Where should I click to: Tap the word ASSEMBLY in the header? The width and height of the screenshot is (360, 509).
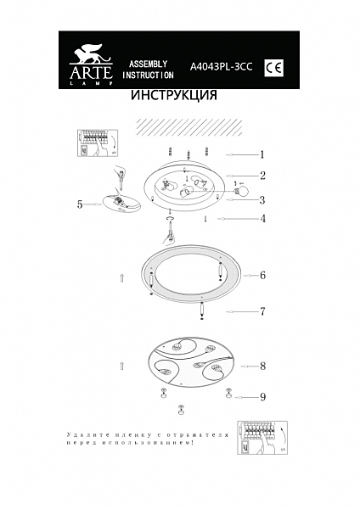147,64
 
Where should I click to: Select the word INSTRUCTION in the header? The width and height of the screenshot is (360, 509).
148,76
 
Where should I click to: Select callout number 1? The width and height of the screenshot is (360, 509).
262,155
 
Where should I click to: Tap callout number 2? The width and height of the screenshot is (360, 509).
263,176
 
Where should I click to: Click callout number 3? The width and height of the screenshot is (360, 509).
263,200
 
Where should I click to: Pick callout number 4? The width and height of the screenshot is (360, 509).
263,219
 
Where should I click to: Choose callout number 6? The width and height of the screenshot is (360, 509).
263,276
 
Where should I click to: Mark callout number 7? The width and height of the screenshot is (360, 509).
263,311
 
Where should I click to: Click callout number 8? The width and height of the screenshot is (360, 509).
263,366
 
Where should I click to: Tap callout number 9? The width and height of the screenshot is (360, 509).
263,396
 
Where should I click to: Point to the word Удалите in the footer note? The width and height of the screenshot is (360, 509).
83,434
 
